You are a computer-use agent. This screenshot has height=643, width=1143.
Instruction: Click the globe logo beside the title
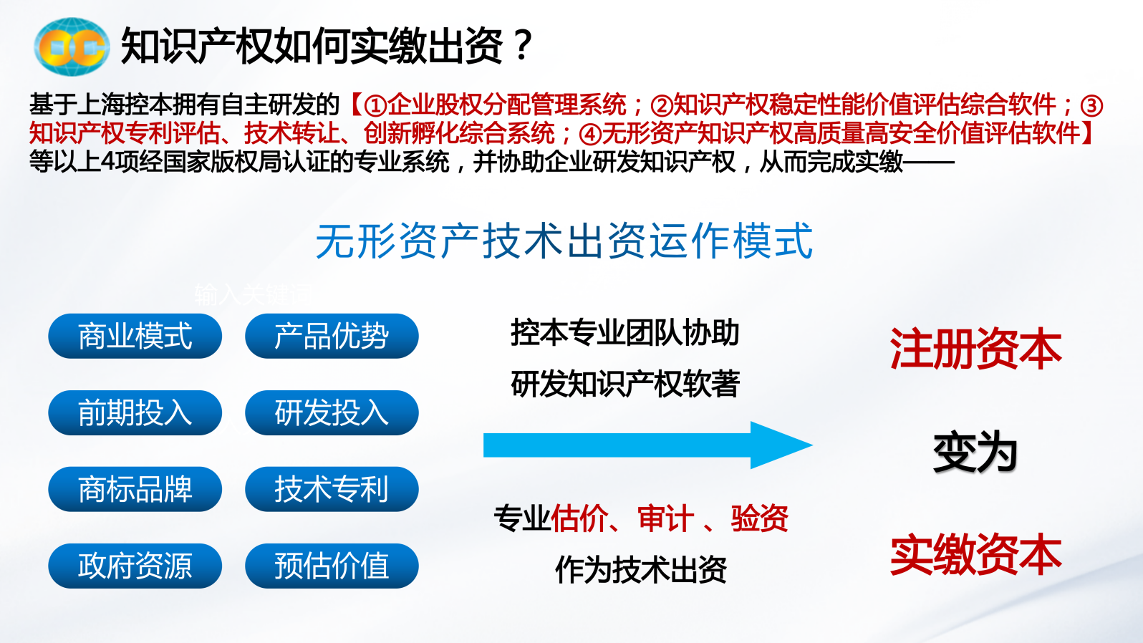[x=72, y=47]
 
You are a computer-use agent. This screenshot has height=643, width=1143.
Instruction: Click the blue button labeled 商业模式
[x=135, y=336]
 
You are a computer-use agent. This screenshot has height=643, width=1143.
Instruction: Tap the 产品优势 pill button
[x=332, y=336]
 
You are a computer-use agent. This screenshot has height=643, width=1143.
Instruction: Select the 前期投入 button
[x=135, y=412]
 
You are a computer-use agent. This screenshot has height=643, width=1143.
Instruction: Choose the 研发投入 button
[x=332, y=412]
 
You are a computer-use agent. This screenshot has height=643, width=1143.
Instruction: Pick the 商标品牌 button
[x=135, y=489]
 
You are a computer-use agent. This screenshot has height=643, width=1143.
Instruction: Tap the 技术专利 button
[x=332, y=489]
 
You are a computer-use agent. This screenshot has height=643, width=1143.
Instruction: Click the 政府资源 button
[x=135, y=566]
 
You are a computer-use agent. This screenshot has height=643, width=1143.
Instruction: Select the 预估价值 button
[x=332, y=566]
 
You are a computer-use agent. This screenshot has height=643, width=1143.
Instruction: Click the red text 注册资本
[x=975, y=349]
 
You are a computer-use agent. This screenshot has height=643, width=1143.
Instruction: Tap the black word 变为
[x=975, y=452]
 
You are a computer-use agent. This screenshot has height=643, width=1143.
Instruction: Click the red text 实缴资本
[x=975, y=555]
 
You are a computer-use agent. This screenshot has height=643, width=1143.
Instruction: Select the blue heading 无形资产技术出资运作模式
[x=564, y=241]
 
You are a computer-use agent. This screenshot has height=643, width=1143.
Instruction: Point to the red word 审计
[x=665, y=518]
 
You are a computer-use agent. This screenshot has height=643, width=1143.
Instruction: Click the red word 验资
[x=760, y=518]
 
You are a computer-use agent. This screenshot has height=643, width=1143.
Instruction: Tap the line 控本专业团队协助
[x=625, y=333]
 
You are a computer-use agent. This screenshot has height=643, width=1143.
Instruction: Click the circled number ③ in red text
[x=1091, y=106]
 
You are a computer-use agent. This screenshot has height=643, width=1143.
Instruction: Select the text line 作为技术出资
[x=641, y=569]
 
